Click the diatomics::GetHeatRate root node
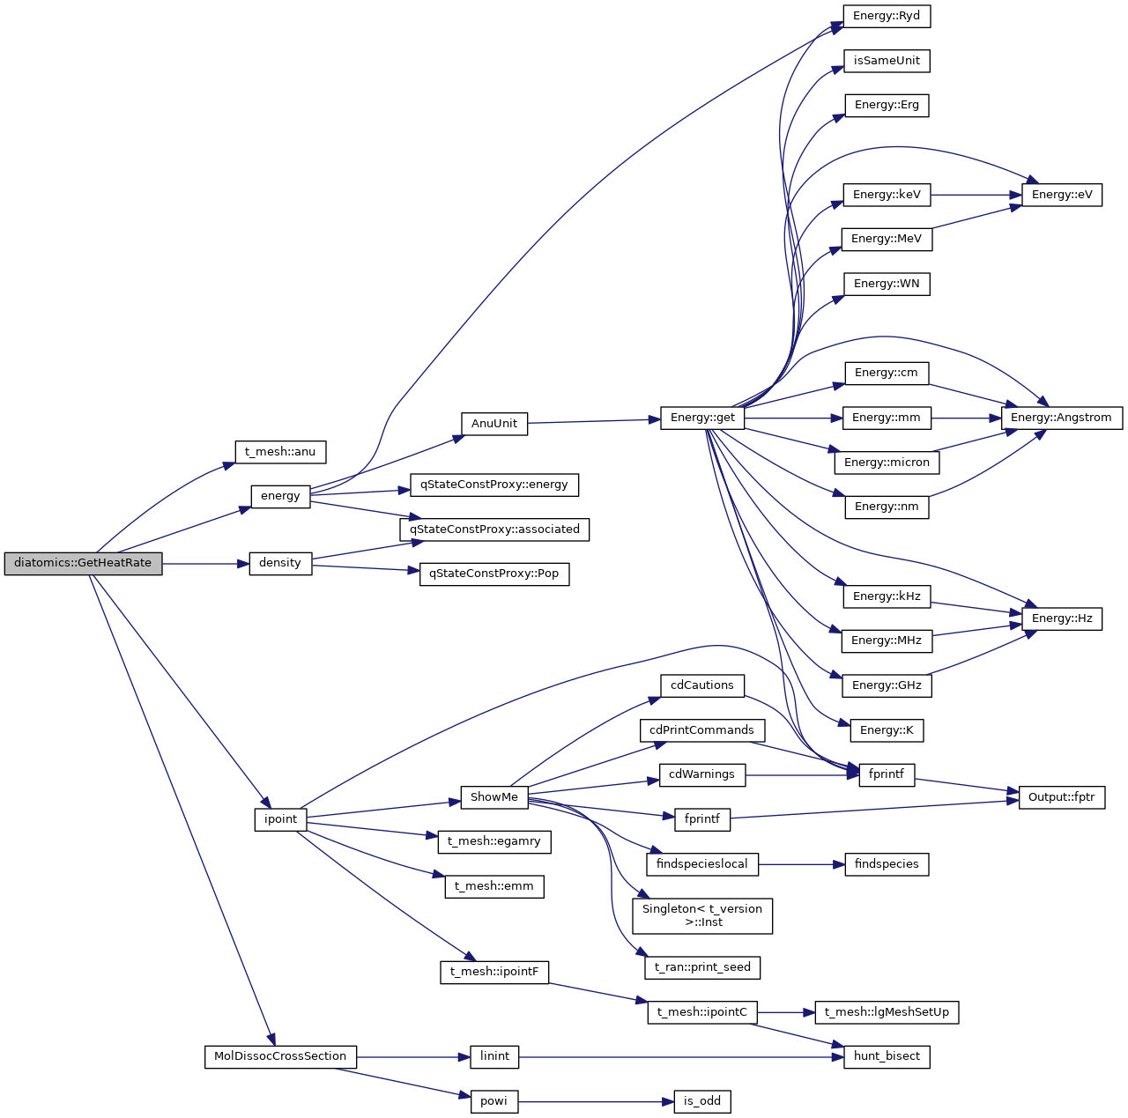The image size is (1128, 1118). pyautogui.click(x=83, y=563)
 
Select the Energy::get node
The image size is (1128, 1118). pyautogui.click(x=702, y=418)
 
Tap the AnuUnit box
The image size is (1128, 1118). pyautogui.click(x=493, y=424)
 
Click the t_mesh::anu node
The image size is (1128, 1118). pyautogui.click(x=280, y=452)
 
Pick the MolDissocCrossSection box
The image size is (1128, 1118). pyautogui.click(x=280, y=1056)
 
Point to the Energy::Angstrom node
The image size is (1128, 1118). pyautogui.click(x=1061, y=418)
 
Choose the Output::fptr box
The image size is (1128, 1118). pyautogui.click(x=1061, y=797)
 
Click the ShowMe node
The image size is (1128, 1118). pyautogui.click(x=493, y=797)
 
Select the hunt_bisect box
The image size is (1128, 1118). pyautogui.click(x=887, y=1056)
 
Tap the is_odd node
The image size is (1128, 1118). pyautogui.click(x=702, y=1101)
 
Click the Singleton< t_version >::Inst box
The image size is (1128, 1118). pyautogui.click(x=702, y=915)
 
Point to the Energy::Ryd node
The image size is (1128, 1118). pyautogui.click(x=887, y=16)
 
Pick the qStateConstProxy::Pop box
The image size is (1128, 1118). pyautogui.click(x=493, y=574)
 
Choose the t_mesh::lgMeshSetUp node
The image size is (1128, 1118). pyautogui.click(x=887, y=1012)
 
